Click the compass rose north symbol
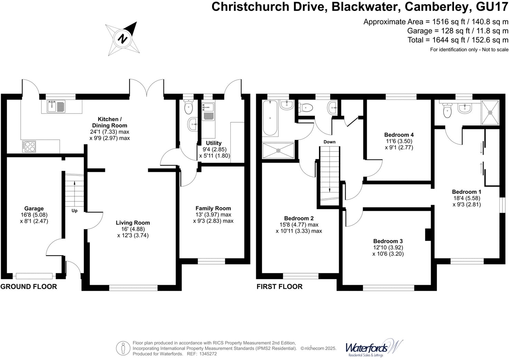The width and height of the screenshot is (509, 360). point(122,38)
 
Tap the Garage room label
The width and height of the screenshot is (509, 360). point(34,208)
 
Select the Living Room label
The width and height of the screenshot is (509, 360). point(133,223)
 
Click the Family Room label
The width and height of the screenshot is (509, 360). point(213,208)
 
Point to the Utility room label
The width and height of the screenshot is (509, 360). point(214,143)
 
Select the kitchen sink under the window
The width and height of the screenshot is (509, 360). point(56,106)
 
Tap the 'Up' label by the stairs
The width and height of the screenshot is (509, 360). point(74,210)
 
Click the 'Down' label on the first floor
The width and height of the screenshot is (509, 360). point(330,142)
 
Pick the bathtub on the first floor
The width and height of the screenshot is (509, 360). point(270,118)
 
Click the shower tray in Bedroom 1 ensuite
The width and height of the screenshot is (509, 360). point(490,112)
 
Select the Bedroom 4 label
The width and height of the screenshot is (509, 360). point(399,135)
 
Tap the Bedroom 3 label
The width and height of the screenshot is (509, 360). point(388,241)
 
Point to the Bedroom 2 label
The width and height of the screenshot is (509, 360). point(299,218)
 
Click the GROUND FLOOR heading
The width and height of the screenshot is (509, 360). point(29,287)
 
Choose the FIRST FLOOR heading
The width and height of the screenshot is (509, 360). point(279,287)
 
